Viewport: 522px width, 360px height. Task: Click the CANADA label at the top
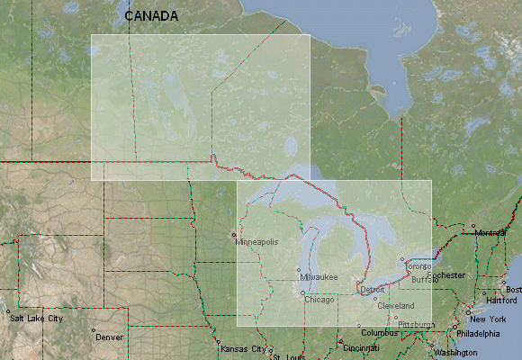[150, 16]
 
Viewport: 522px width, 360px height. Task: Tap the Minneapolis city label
[257, 242]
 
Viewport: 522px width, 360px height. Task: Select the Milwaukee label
[319, 276]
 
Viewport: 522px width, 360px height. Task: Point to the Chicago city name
[319, 299]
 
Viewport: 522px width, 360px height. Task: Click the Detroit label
[372, 290]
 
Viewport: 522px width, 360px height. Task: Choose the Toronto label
[418, 267]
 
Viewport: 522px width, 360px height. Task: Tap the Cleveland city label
[396, 306]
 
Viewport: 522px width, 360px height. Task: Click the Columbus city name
[380, 332]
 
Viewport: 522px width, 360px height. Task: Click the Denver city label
[109, 337]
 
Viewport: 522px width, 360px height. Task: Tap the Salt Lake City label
[36, 319]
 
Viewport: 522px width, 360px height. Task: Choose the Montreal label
[491, 233]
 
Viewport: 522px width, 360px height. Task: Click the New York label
[488, 319]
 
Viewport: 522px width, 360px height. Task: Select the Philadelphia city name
[477, 333]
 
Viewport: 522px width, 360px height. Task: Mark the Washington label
[455, 352]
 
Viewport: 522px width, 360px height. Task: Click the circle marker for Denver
[94, 330]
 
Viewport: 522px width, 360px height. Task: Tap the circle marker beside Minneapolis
[234, 236]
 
